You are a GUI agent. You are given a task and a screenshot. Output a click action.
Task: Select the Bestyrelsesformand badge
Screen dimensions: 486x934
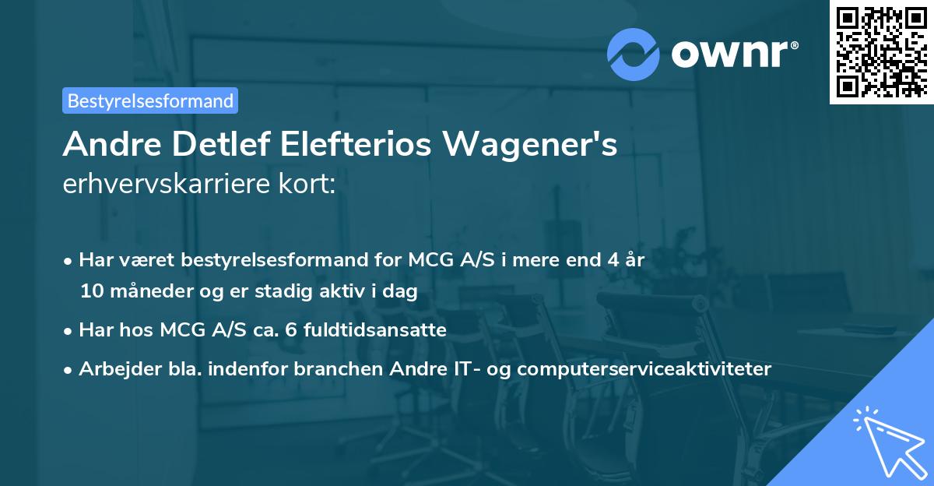coord(150,100)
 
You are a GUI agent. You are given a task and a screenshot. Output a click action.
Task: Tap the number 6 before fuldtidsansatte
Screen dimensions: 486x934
coord(291,329)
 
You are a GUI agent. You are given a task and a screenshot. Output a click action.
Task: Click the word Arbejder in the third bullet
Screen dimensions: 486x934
coord(114,368)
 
